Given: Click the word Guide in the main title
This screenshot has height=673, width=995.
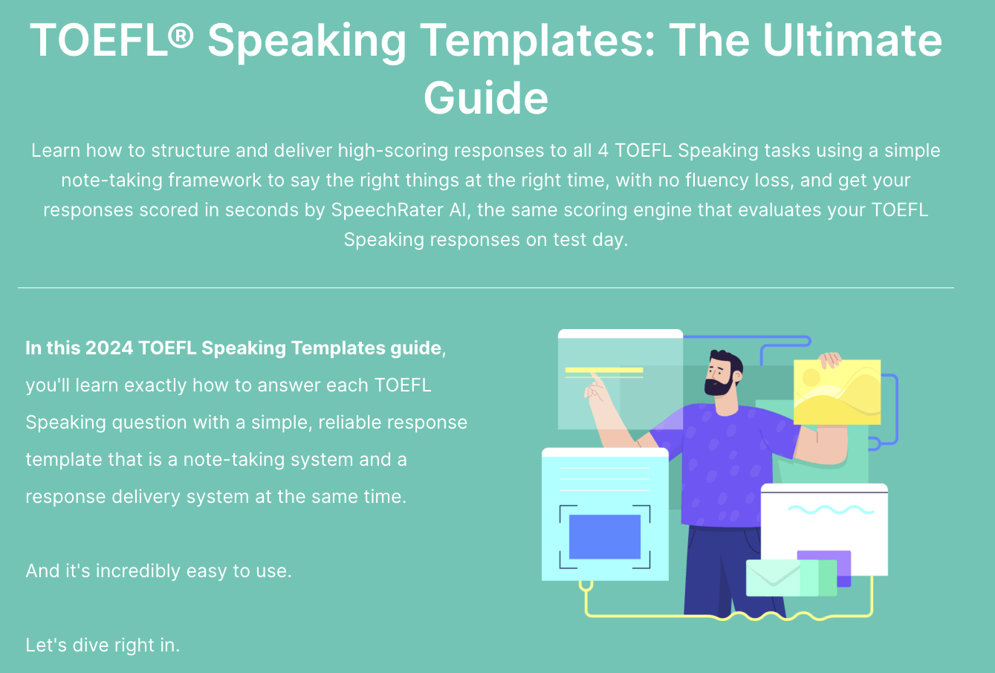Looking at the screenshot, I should pos(486,97).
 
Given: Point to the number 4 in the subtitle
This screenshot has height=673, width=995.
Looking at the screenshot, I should pos(603,151).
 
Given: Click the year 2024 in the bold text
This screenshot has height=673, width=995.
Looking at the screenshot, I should pos(109,348).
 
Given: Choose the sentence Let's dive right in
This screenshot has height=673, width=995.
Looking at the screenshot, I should pos(103,645).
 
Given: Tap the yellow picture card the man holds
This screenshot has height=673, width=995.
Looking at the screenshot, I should pos(836,392).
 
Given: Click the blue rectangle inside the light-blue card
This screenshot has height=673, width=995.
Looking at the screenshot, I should pos(604,536).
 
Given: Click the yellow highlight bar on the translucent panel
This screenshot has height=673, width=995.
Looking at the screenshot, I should pos(603,369).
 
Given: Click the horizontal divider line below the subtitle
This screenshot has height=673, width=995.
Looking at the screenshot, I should pos(486,287).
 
